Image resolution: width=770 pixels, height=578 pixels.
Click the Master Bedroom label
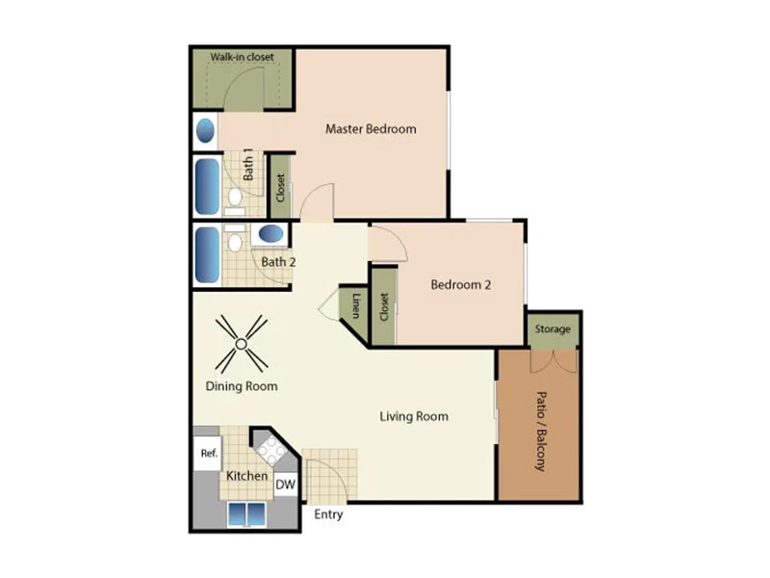coord(371,129)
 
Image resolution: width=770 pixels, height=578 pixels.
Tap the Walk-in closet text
coord(242,57)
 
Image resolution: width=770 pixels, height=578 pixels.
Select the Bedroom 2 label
coord(461,284)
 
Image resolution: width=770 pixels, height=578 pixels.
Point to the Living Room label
coord(414,416)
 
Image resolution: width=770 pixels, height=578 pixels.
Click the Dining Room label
coord(242,386)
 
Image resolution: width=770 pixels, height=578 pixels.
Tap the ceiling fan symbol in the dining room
coord(242,344)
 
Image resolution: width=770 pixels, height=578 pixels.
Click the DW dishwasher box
coord(285,486)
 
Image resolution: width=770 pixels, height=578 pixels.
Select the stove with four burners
coord(270,449)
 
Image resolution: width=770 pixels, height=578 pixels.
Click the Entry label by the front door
coord(328,514)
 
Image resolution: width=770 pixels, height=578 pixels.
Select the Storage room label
coord(553,329)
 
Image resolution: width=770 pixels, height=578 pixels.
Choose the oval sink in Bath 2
coord(270,233)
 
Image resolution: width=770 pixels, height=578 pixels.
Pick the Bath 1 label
coord(248,165)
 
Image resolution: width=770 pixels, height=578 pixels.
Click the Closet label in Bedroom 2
coord(384,307)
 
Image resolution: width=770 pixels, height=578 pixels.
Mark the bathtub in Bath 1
coord(208,186)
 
